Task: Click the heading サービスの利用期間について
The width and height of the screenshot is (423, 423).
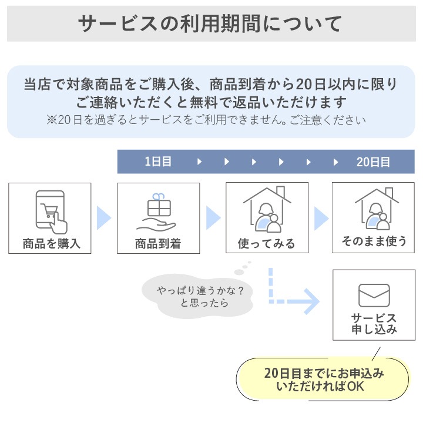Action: point(210,23)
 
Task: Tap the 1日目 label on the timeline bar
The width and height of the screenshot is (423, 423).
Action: point(158,162)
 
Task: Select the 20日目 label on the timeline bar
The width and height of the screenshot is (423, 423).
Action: point(373,162)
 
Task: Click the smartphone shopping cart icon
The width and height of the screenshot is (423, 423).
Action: point(51,212)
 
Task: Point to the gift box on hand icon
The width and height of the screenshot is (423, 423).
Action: point(156,213)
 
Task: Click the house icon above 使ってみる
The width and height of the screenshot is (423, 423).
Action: point(267,210)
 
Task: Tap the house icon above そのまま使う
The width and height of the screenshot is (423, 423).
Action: point(377,209)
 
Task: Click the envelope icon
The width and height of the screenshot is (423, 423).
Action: point(374,296)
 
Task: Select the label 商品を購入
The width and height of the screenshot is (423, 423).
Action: point(52,244)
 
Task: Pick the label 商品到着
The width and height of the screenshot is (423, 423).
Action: point(158,244)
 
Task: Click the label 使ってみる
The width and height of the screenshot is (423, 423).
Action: point(266,243)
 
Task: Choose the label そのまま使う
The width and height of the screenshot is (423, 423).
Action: point(374,241)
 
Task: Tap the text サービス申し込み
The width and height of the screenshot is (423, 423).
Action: point(374,324)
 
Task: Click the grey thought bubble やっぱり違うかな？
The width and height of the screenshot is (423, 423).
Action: point(197,296)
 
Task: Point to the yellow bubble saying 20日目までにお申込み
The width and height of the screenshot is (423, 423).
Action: point(323,379)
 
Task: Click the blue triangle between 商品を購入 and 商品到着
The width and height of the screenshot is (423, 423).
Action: point(104,218)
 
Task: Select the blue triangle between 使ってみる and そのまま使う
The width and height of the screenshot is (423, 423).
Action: point(321,218)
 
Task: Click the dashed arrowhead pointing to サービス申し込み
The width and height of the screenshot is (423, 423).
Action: point(313,301)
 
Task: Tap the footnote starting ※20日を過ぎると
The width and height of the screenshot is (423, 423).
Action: point(206,120)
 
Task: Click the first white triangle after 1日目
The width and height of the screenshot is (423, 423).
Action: point(199,162)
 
